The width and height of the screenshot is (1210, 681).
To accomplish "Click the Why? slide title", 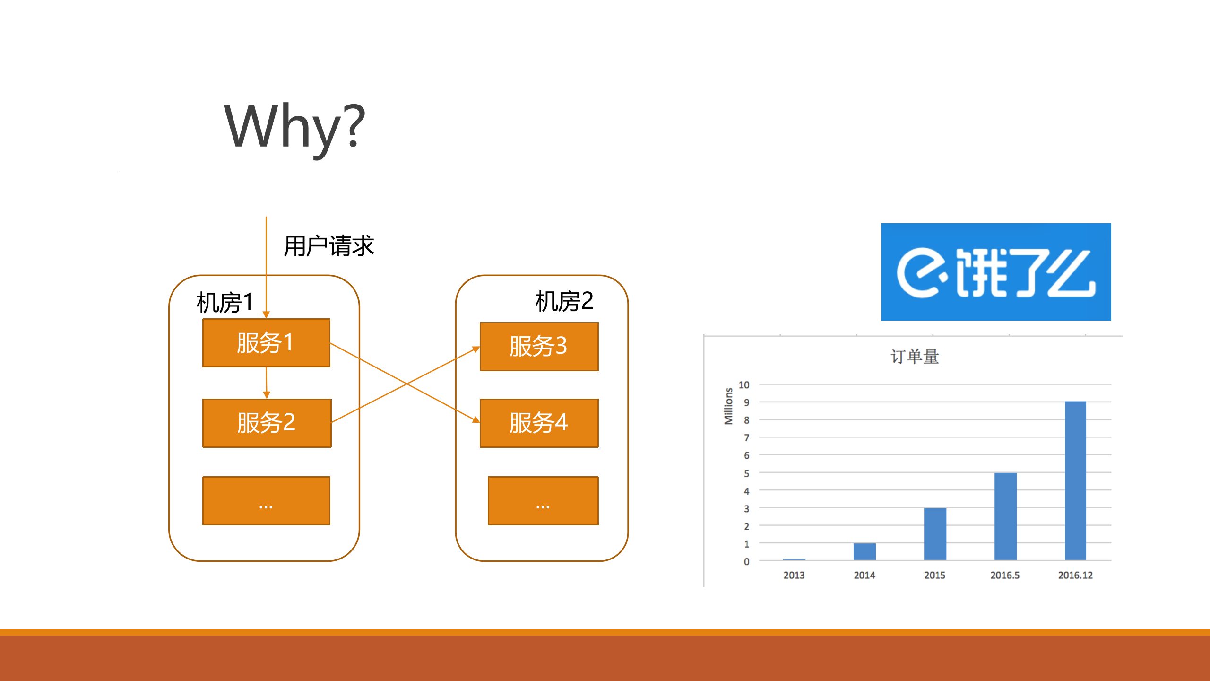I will (x=294, y=127).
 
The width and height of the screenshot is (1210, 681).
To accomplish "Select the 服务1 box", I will (x=266, y=343).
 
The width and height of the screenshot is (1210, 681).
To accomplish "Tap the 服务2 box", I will (x=267, y=423).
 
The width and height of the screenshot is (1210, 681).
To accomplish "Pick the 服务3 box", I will (x=539, y=347).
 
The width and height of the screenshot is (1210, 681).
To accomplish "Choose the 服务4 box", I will (x=539, y=423).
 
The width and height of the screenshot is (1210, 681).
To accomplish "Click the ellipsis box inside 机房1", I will (x=266, y=501).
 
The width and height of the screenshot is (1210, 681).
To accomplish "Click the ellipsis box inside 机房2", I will (x=543, y=501).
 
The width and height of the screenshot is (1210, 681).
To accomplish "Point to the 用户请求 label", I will (x=328, y=246).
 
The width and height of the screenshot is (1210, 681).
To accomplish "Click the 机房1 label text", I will (x=225, y=303).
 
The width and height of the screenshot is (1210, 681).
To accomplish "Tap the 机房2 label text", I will (x=564, y=301).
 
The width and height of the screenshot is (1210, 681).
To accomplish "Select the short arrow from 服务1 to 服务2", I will (x=267, y=382).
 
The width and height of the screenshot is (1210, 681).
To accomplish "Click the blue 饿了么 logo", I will (x=995, y=272).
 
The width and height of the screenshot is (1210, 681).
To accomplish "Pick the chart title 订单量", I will (x=915, y=357).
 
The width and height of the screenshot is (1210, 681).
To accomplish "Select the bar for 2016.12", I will (x=1075, y=480).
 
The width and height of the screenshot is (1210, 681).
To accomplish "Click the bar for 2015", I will (x=935, y=534).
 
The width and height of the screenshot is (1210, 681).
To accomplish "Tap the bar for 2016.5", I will (x=1005, y=516).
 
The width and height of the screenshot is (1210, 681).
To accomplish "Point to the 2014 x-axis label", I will (x=864, y=575).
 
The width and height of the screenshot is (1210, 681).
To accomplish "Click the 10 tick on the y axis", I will (x=744, y=385).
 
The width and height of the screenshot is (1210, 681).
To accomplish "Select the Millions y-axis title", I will (x=728, y=406).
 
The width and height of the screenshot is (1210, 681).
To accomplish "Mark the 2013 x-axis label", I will (x=794, y=575).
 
